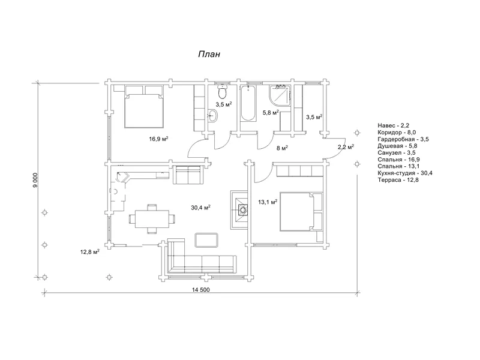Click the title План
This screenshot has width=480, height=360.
tap(209, 54)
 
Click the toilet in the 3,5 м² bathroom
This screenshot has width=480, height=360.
tap(222, 91)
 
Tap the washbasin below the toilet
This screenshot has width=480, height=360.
tap(213, 116)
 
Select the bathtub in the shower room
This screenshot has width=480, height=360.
tap(248, 104)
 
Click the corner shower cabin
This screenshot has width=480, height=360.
tap(279, 96)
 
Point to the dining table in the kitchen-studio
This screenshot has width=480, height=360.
tap(152, 218)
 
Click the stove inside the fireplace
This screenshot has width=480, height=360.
tap(242, 211)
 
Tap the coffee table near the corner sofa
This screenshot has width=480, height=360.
tap(206, 239)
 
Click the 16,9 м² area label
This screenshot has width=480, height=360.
tap(158, 139)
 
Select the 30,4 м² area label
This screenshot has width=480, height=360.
tap(200, 208)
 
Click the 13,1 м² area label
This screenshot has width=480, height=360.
tap(268, 202)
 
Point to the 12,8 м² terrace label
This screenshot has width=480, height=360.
tap(89, 252)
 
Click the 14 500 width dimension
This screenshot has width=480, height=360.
tap(201, 290)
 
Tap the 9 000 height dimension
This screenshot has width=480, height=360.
tap(35, 180)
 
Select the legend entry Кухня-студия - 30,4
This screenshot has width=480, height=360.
tap(404, 173)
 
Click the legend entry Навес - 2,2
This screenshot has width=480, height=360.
tap(394, 125)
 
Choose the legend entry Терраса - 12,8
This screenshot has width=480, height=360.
tap(398, 180)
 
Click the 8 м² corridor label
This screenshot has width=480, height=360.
tap(282, 148)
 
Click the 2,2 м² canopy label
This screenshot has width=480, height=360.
tap(346, 147)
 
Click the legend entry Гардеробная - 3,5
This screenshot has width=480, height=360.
tap(403, 139)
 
